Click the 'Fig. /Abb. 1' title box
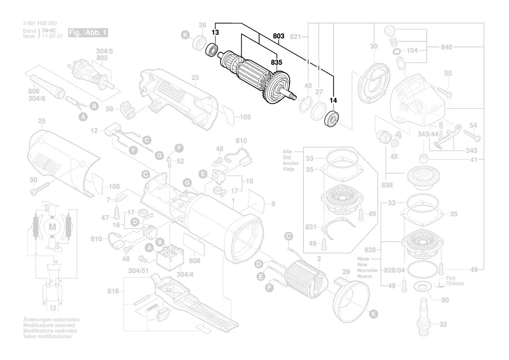[x=88, y=33]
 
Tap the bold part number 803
[x=279, y=37]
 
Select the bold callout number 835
[x=276, y=62]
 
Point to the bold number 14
[x=333, y=101]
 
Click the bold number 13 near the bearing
[x=215, y=33]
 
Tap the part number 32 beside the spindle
[x=443, y=324]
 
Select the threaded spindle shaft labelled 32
[x=424, y=316]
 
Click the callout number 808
[x=195, y=261]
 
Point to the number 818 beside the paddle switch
[x=113, y=291]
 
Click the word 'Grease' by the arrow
[x=455, y=283]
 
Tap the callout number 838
[x=387, y=185]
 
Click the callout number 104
[x=412, y=51]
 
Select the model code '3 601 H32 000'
[x=39, y=23]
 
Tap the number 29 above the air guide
[x=346, y=272]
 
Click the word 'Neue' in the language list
[x=363, y=258]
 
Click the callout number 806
[x=34, y=91]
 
